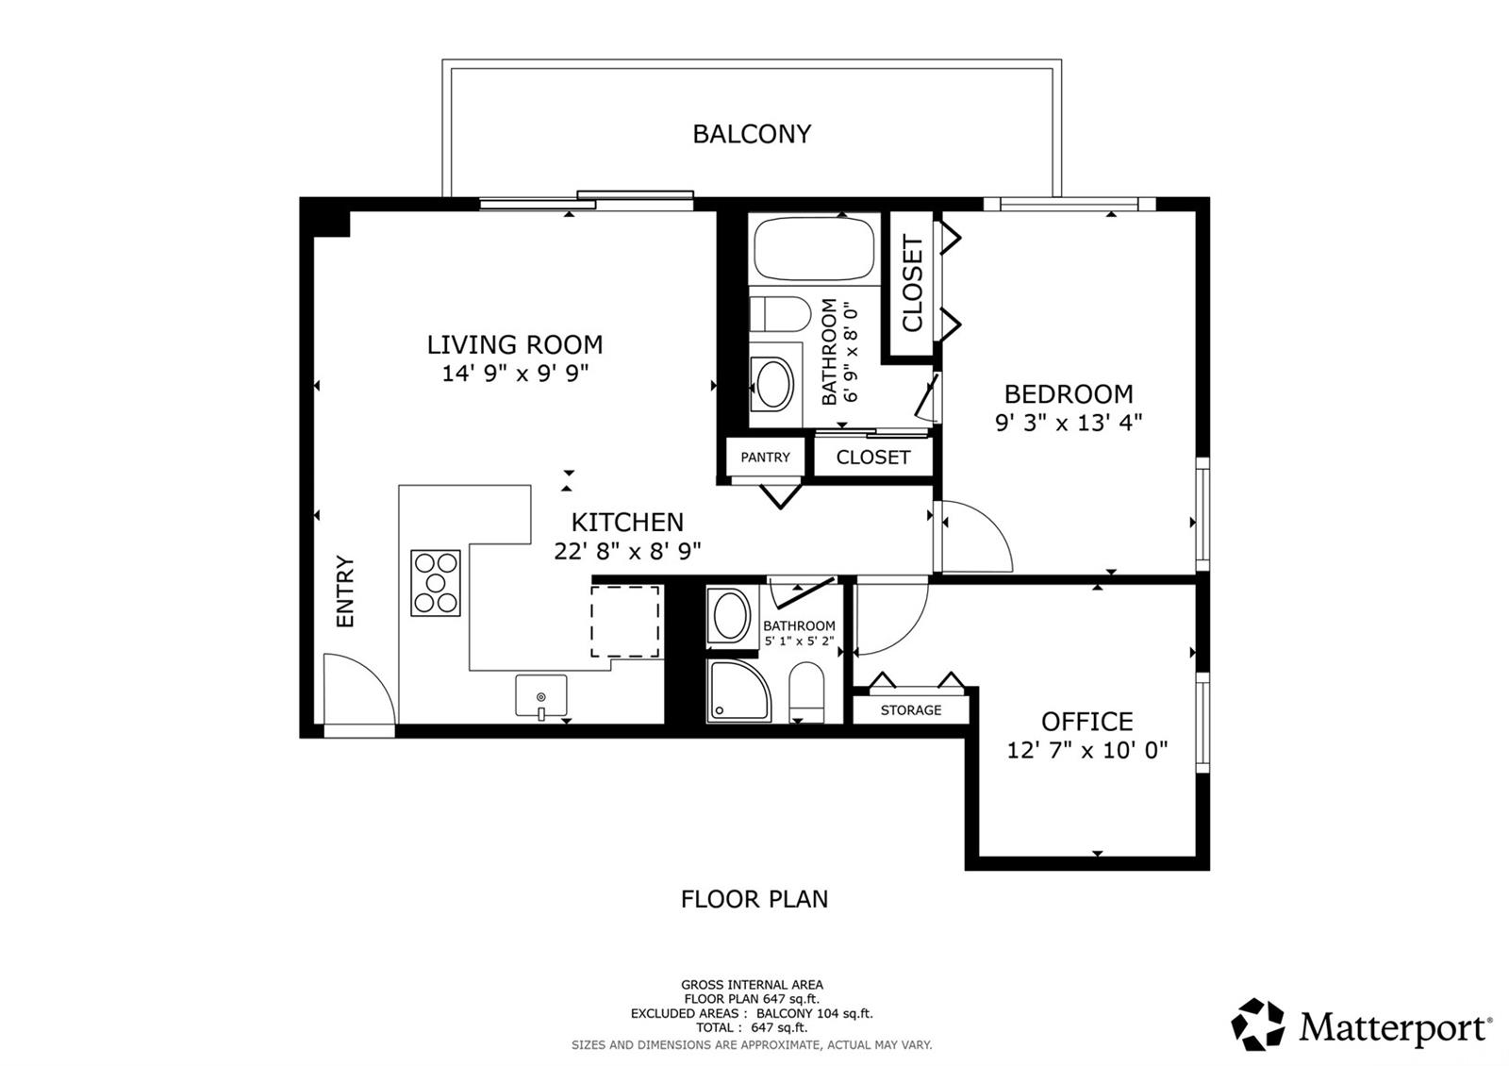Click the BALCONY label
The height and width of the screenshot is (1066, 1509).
click(x=752, y=134)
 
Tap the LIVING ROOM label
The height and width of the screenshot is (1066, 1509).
click(x=515, y=345)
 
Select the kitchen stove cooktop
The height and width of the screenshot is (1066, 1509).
click(x=436, y=583)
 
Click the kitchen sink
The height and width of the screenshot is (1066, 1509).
click(x=541, y=696)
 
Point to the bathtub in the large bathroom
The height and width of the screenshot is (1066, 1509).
click(x=814, y=249)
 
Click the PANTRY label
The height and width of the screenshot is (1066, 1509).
click(x=765, y=458)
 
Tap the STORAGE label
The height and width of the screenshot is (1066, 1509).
click(x=911, y=710)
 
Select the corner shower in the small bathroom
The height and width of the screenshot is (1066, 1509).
click(x=738, y=691)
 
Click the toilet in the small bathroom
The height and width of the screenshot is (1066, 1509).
click(x=806, y=692)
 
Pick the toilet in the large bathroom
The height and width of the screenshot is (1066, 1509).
click(x=780, y=314)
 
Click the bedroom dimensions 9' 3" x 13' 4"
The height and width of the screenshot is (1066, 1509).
click(x=1069, y=424)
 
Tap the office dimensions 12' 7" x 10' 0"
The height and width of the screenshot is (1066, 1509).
click(x=1086, y=750)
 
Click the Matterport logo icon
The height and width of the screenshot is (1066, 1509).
click(x=1257, y=1024)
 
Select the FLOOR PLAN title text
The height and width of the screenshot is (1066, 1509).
click(x=754, y=899)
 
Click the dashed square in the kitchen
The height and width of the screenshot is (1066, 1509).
click(x=625, y=621)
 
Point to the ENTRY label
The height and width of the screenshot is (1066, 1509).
click(x=345, y=591)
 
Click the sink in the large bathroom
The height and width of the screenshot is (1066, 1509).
click(x=773, y=384)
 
